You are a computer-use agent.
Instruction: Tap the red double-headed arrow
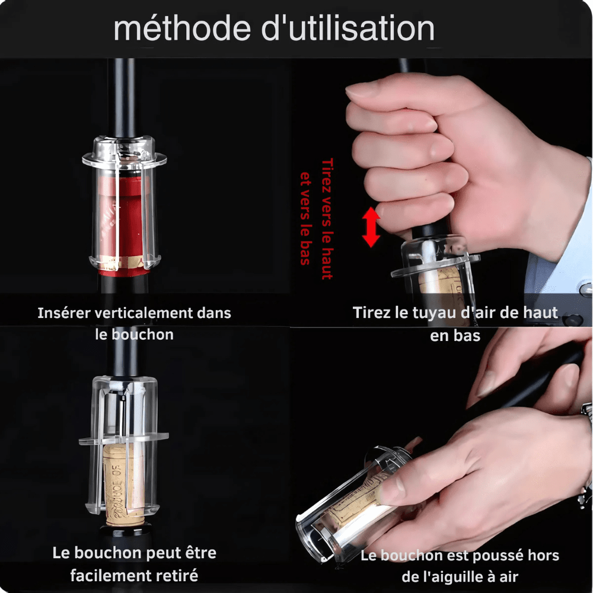click(371, 227)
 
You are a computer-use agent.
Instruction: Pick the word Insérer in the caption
click(63, 313)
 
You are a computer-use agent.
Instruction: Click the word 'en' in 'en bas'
click(439, 335)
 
